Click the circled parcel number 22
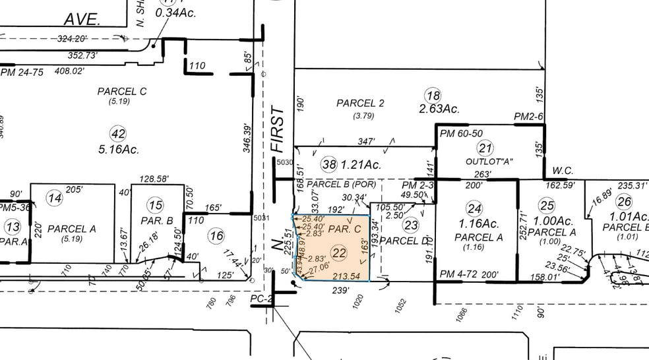[x=339, y=252]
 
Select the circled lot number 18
[x=433, y=95]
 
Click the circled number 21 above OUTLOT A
[x=485, y=148]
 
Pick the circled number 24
[x=474, y=210]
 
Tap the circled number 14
[x=56, y=198]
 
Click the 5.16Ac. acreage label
[x=119, y=150]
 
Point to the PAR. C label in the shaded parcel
[x=344, y=229]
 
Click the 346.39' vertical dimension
[x=246, y=136]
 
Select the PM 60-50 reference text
[x=460, y=135]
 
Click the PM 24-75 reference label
[x=22, y=72]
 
